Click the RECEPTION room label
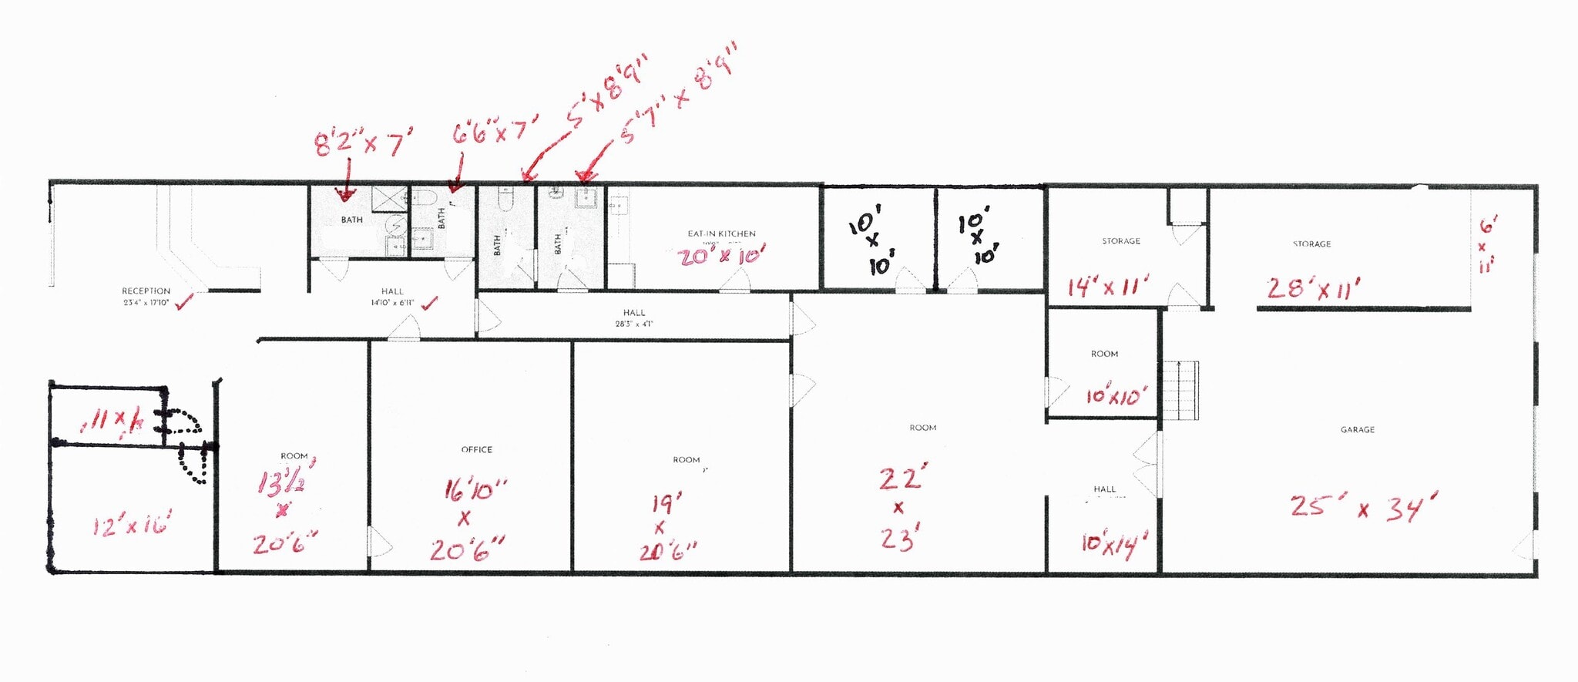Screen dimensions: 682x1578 [x=146, y=291]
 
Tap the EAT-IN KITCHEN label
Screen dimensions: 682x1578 [x=721, y=233]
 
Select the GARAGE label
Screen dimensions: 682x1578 [x=1357, y=429]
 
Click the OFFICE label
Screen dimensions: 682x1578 [x=476, y=449]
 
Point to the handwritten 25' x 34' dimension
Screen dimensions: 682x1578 [x=1363, y=507]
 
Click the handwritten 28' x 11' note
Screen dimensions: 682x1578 [x=1313, y=288]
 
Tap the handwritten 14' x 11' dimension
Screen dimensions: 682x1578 [x=1107, y=287]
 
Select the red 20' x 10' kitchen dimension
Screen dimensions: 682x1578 [x=721, y=257]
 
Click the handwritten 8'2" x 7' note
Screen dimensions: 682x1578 [x=363, y=143]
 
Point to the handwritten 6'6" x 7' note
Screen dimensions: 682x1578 [x=494, y=132]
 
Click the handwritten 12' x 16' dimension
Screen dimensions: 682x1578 [x=131, y=526]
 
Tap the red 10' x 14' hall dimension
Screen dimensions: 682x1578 [x=1113, y=543]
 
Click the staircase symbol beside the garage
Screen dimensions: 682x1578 [x=1180, y=390]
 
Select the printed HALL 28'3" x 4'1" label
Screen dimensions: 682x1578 [x=634, y=318]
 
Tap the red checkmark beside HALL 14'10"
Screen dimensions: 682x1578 [x=429, y=303]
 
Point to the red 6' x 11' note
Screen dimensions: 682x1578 [x=1486, y=245]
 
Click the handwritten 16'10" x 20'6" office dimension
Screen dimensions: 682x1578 [x=468, y=520]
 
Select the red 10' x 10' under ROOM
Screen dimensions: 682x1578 [x=1116, y=396]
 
